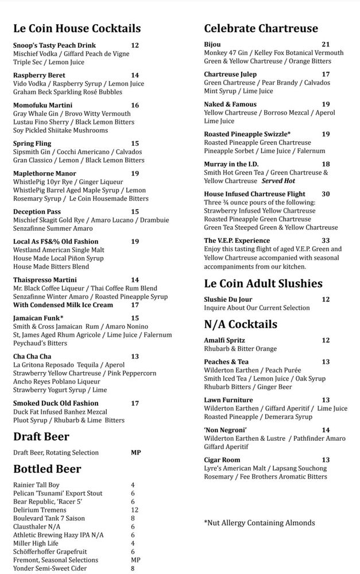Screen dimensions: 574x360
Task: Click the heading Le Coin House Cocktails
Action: [x=77, y=28]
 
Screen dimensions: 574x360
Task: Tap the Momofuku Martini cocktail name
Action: [x=42, y=105]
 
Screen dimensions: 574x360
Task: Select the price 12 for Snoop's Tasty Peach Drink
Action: [x=135, y=45]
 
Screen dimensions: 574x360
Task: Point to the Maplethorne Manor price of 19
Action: [x=135, y=173]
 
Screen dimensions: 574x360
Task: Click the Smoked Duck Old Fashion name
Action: [x=56, y=403]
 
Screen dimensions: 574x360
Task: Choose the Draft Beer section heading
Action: [x=41, y=437]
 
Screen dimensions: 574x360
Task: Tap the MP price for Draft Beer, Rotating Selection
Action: [x=136, y=452]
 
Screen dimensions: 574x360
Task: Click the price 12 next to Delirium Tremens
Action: [x=135, y=510]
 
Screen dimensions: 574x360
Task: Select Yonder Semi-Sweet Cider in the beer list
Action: [x=50, y=568]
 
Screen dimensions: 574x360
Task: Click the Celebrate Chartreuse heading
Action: [x=261, y=28]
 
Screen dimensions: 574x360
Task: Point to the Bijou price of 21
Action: [x=326, y=44]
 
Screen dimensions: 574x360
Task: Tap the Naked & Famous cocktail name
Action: [x=230, y=104]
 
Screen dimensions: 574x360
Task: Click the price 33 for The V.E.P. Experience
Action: [x=326, y=241]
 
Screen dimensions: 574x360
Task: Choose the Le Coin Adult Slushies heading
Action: [x=263, y=283]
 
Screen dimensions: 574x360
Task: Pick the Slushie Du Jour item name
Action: [x=228, y=299]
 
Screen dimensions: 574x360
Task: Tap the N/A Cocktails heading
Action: [x=241, y=324]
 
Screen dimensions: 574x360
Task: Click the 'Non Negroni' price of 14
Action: [x=326, y=430]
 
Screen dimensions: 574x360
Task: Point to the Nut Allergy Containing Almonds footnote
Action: [x=259, y=522]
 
